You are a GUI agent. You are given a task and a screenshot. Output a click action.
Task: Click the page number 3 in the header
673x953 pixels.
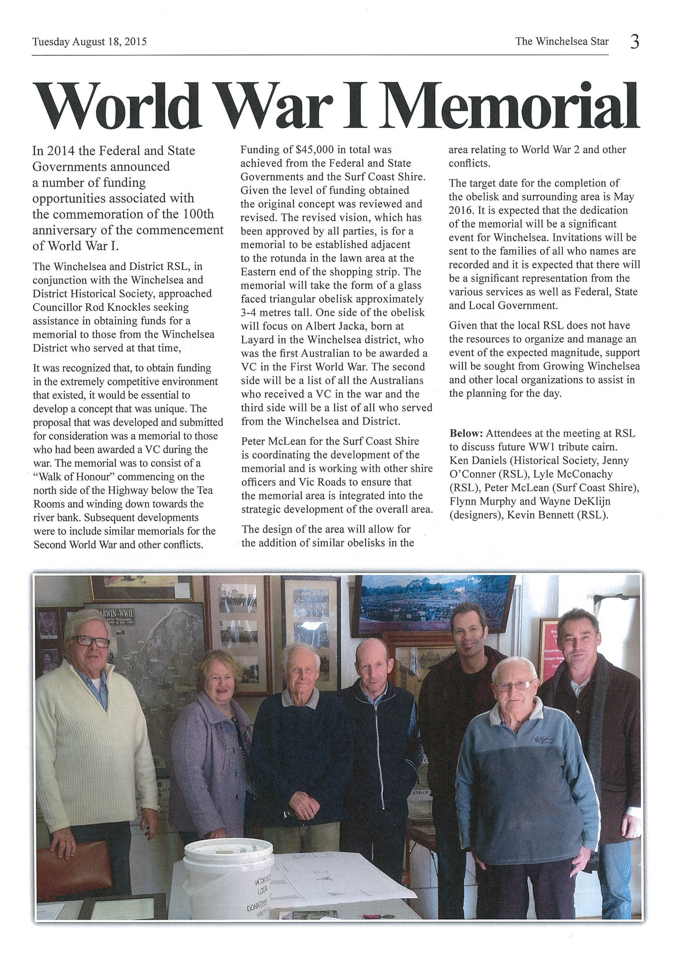click(634, 42)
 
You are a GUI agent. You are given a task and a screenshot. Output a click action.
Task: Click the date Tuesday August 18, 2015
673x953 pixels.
click(90, 42)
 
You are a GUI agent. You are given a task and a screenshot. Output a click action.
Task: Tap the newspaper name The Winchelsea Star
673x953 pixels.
click(562, 42)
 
